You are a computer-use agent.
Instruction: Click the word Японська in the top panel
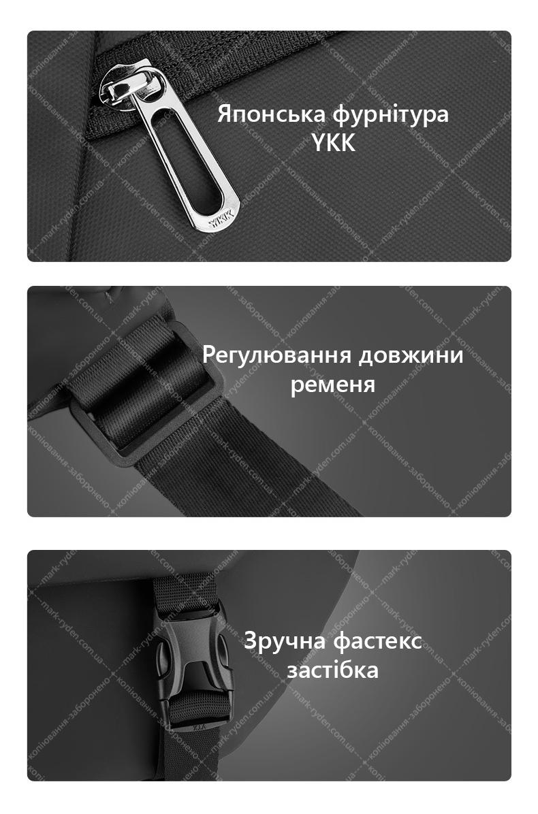[271, 114]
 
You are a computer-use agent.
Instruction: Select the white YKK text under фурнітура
[334, 143]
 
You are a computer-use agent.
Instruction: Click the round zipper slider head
[125, 86]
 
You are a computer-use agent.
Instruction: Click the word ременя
[333, 386]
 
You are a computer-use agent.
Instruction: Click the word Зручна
[285, 641]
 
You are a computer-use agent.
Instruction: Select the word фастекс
[377, 641]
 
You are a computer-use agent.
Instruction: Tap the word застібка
[333, 670]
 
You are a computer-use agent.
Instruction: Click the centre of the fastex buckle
[193, 667]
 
